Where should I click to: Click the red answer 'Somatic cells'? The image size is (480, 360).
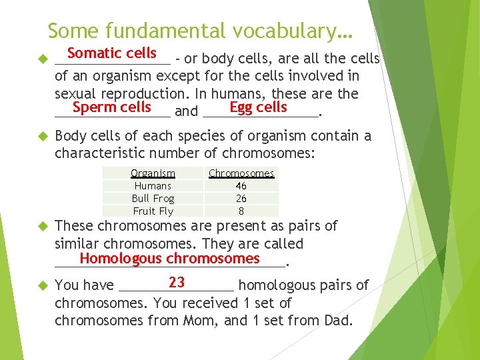point(111,53)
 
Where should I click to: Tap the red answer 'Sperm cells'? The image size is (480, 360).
point(112,107)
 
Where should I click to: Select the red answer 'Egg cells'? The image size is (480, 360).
point(258,107)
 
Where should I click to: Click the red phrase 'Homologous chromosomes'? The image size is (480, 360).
point(169,259)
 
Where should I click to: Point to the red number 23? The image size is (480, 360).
point(177,282)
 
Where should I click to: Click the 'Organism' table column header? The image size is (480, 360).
point(153,173)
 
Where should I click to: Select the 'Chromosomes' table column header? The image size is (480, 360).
point(241,173)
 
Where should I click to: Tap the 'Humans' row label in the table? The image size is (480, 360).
point(153,186)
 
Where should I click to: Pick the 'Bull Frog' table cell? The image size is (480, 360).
point(153,199)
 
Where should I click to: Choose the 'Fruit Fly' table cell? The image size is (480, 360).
point(153,211)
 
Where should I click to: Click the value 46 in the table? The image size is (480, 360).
point(241,186)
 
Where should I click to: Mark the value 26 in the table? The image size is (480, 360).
point(241,199)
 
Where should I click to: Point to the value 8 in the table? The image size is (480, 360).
point(241,211)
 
